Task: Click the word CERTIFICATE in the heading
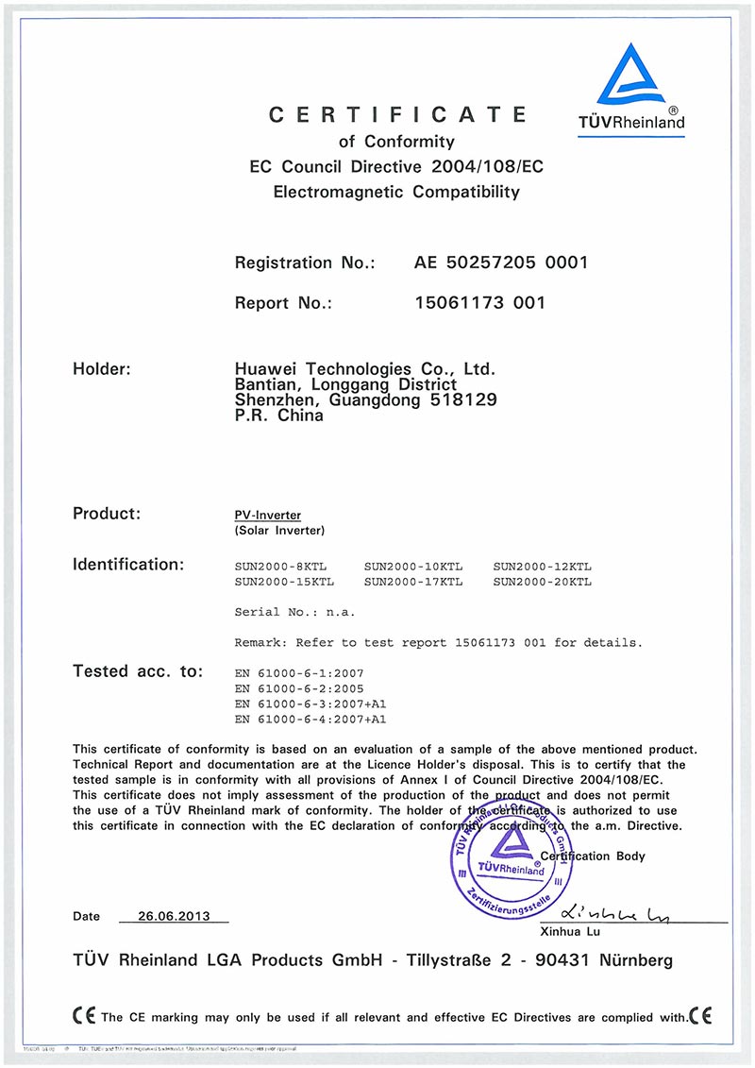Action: pos(397,115)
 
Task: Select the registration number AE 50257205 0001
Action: pos(501,263)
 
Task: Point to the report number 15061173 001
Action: pos(479,303)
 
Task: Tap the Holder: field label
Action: pos(108,368)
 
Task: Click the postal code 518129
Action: pos(464,400)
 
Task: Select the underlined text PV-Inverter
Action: pos(268,516)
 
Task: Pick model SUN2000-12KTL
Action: pos(542,566)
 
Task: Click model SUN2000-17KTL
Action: pos(412,582)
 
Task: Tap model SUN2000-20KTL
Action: pos(542,582)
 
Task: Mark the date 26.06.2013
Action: pos(173,916)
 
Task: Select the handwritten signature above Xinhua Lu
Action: pos(614,913)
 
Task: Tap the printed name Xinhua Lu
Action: pos(569,931)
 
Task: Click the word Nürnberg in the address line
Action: pos(631,960)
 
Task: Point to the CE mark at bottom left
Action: pos(83,1016)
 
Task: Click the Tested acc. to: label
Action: pos(138,671)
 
